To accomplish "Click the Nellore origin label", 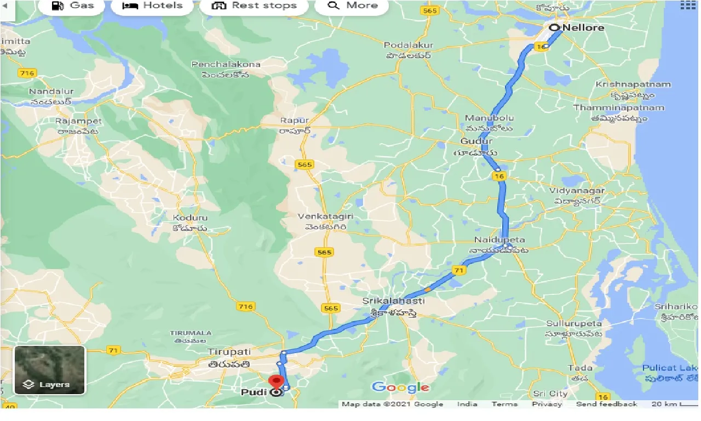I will coord(584,27).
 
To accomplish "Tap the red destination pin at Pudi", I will coord(277,382).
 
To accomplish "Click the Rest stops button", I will coord(254,6).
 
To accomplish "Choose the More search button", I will coord(352,6).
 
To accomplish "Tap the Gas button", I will coord(73,6).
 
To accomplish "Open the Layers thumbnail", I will coord(49,370).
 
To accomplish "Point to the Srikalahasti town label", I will coord(393,301).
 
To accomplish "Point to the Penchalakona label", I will coord(226,65).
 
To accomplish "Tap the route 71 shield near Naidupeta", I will coord(459,271).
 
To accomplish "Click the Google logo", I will coord(400,388).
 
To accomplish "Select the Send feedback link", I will coord(606,404).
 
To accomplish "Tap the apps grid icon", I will coord(687,5).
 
